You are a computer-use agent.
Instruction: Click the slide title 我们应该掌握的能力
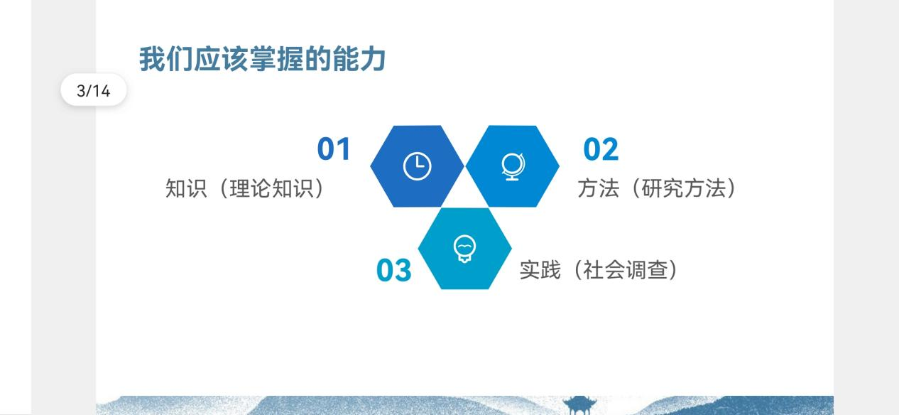[x=263, y=59]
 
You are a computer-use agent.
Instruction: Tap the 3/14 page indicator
[x=94, y=90]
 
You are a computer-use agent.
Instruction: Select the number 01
[x=334, y=149]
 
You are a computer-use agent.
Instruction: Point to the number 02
[x=601, y=149]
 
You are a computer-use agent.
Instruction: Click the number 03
[x=393, y=270]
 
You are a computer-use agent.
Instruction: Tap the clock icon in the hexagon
[x=417, y=166]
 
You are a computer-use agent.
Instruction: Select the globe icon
[x=513, y=167]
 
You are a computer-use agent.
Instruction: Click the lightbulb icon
[x=464, y=249]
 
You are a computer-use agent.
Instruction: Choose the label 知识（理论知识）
[x=245, y=188]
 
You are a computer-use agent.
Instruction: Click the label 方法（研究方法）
[x=657, y=188]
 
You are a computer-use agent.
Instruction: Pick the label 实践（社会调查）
[x=599, y=269]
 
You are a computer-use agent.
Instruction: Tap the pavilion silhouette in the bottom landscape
[x=579, y=405]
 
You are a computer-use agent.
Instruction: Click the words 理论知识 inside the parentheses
[x=271, y=188]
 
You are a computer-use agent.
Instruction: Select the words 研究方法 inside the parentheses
[x=683, y=188]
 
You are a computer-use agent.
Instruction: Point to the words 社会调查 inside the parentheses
[x=626, y=269]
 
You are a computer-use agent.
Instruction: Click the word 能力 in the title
[x=359, y=59]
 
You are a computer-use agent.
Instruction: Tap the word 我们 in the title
[x=165, y=59]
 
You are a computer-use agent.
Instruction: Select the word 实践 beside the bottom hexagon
[x=540, y=269]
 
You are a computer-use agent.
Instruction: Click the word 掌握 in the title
[x=276, y=59]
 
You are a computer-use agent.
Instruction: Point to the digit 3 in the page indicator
[x=81, y=91]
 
